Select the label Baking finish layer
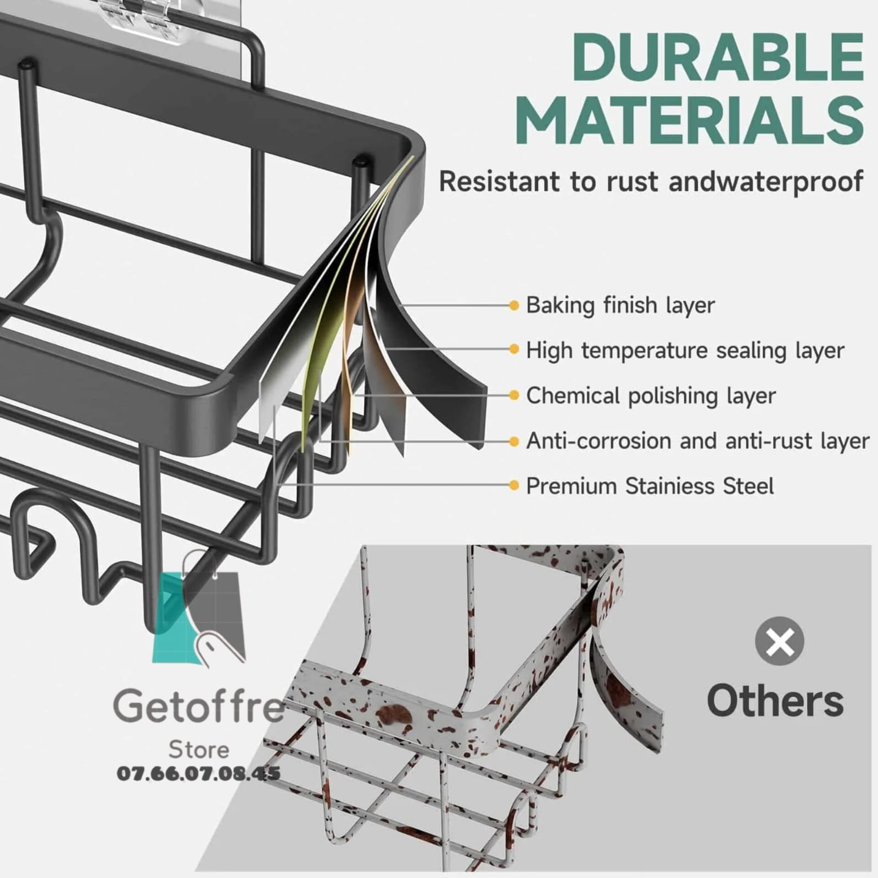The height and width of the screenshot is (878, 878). click(620, 305)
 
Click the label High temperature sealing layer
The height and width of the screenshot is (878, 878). click(685, 350)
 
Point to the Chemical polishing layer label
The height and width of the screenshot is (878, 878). click(651, 395)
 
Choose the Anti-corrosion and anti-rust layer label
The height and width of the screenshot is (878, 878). click(697, 441)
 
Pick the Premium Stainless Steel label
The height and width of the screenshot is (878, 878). click(650, 486)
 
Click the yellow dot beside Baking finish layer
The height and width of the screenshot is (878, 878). click(514, 305)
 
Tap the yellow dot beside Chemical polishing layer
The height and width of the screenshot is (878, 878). click(514, 395)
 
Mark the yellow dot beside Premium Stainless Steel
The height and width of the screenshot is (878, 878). click(514, 485)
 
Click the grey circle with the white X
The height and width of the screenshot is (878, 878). click(779, 641)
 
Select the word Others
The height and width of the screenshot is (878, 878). click(775, 701)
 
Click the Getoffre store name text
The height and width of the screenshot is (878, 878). click(198, 707)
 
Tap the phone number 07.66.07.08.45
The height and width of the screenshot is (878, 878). click(198, 774)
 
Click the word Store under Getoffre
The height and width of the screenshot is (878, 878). click(198, 750)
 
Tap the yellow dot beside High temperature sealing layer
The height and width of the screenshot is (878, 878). click(514, 349)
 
